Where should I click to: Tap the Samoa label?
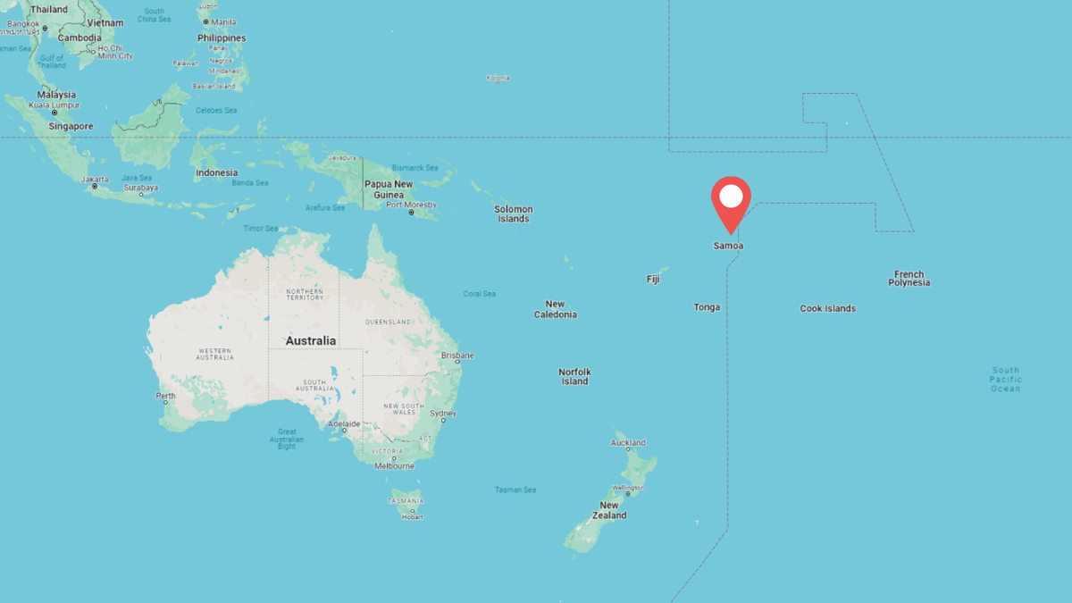tap(728, 246)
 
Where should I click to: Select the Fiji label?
tap(653, 280)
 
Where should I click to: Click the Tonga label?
tap(707, 307)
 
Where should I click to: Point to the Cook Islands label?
tap(827, 308)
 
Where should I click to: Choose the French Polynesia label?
tap(909, 279)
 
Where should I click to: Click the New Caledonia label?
tap(556, 309)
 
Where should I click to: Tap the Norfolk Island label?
tap(574, 377)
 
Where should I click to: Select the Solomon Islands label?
tap(514, 214)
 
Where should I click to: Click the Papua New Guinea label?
tap(389, 189)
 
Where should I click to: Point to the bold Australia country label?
tap(311, 340)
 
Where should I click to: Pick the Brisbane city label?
tap(457, 356)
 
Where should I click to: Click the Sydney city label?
tap(443, 414)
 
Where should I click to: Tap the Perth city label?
tap(166, 396)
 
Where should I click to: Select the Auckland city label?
tap(628, 443)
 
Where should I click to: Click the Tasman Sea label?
tap(515, 490)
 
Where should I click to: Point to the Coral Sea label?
tap(480, 294)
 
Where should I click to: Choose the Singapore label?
tap(71, 127)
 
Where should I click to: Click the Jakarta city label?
tap(95, 179)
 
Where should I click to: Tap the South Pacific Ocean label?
tap(1005, 380)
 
